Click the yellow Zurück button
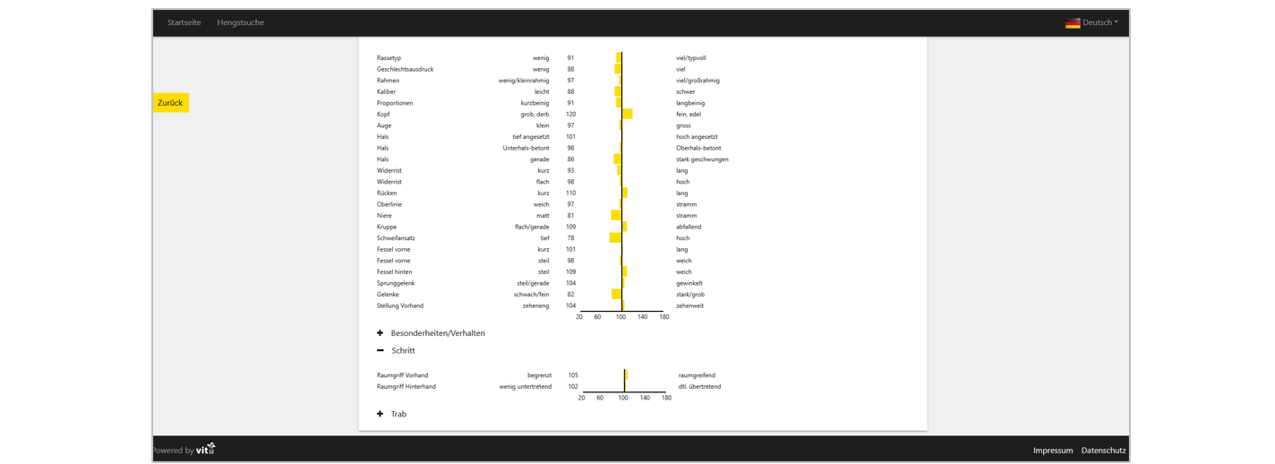pyautogui.click(x=170, y=103)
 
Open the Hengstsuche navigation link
pyautogui.click(x=240, y=22)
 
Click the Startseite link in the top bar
pyautogui.click(x=184, y=22)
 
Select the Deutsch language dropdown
pyautogui.click(x=1091, y=22)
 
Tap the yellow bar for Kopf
pyautogui.click(x=627, y=114)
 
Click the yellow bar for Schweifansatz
pyautogui.click(x=615, y=238)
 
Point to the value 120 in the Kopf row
pyautogui.click(x=570, y=115)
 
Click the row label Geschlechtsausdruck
pyautogui.click(x=405, y=69)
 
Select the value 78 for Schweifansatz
pyautogui.click(x=570, y=238)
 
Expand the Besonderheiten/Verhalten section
pyautogui.click(x=437, y=333)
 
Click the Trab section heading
pyautogui.click(x=398, y=414)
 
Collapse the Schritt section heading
pyautogui.click(x=403, y=350)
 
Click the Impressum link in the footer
pyautogui.click(x=1052, y=451)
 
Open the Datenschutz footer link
pyautogui.click(x=1103, y=451)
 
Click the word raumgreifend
pyautogui.click(x=697, y=375)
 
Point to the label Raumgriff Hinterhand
pyautogui.click(x=406, y=387)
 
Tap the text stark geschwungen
pyautogui.click(x=702, y=159)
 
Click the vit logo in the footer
pyautogui.click(x=206, y=449)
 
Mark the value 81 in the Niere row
pyautogui.click(x=570, y=216)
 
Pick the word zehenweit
pyautogui.click(x=689, y=305)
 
